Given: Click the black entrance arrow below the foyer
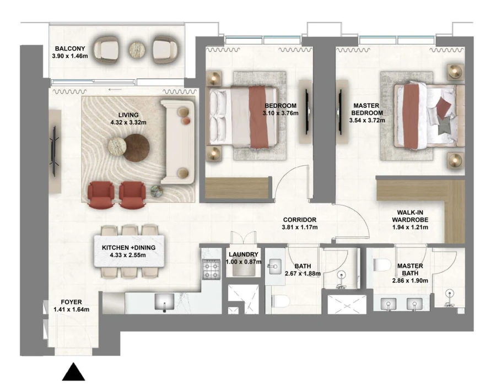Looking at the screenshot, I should pyautogui.click(x=73, y=372).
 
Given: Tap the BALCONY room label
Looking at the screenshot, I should pyautogui.click(x=66, y=48).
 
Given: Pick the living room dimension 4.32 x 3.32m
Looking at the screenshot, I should pyautogui.click(x=128, y=122).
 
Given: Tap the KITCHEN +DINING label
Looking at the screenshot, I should pyautogui.click(x=128, y=248).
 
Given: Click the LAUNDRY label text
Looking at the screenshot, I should pyautogui.click(x=243, y=254).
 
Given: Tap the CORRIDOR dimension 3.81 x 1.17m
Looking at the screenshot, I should pyautogui.click(x=300, y=226).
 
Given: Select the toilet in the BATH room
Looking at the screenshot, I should pyautogui.click(x=281, y=302).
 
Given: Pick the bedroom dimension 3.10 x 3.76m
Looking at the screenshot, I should pyautogui.click(x=281, y=113).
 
